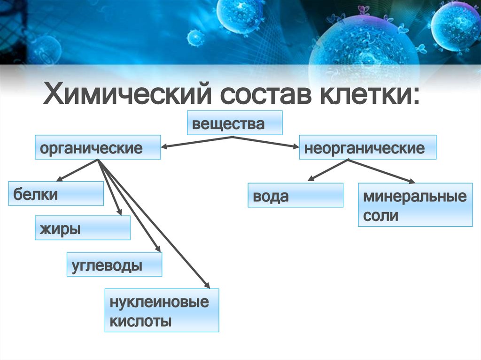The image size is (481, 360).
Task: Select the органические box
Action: [x=98, y=147]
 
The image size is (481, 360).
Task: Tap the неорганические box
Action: [x=367, y=147]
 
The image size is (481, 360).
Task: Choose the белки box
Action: [x=56, y=193]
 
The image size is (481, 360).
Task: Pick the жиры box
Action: [x=83, y=228]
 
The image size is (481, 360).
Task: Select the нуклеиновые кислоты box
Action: [x=162, y=310]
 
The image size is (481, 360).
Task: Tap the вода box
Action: [x=295, y=195]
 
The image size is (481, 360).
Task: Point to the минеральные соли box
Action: [x=415, y=205]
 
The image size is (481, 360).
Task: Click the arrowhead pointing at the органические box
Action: [x=165, y=147]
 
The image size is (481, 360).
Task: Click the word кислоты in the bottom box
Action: [x=140, y=322]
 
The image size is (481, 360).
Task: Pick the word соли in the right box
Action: [x=380, y=216]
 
